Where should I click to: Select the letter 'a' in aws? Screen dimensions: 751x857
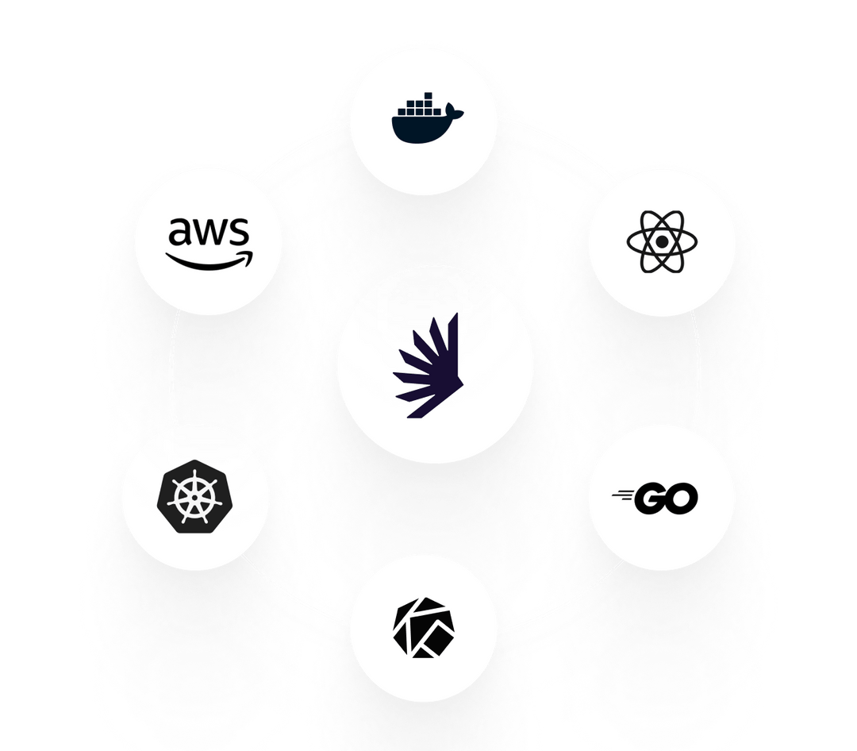click(x=182, y=232)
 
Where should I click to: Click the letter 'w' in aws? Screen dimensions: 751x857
click(x=209, y=232)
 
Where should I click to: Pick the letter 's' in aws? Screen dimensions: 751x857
click(x=238, y=232)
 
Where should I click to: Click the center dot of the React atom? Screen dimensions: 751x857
click(x=661, y=241)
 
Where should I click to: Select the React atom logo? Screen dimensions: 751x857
click(x=661, y=241)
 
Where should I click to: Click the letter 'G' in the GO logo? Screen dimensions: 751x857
click(x=652, y=499)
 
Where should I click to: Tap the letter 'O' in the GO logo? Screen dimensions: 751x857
click(x=682, y=499)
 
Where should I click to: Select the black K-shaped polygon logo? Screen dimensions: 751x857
click(x=425, y=627)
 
